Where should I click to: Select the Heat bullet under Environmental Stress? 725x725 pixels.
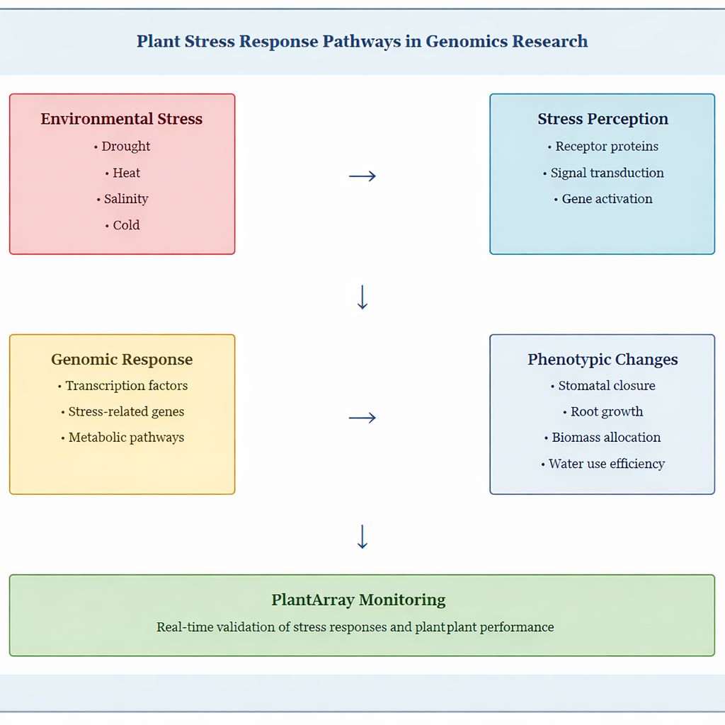click(x=126, y=173)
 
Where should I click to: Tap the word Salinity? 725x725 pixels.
click(x=126, y=199)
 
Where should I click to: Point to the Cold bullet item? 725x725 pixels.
click(x=126, y=225)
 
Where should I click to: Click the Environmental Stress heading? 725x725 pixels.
click(x=122, y=119)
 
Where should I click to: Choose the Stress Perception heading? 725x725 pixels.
click(x=603, y=119)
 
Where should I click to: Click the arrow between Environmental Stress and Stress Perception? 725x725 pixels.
click(x=362, y=176)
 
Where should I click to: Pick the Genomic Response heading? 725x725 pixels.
click(x=122, y=360)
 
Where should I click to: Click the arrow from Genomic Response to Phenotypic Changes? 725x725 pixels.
click(x=362, y=418)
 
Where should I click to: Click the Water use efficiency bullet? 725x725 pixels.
click(x=606, y=464)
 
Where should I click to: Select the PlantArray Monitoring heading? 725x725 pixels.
click(x=358, y=600)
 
